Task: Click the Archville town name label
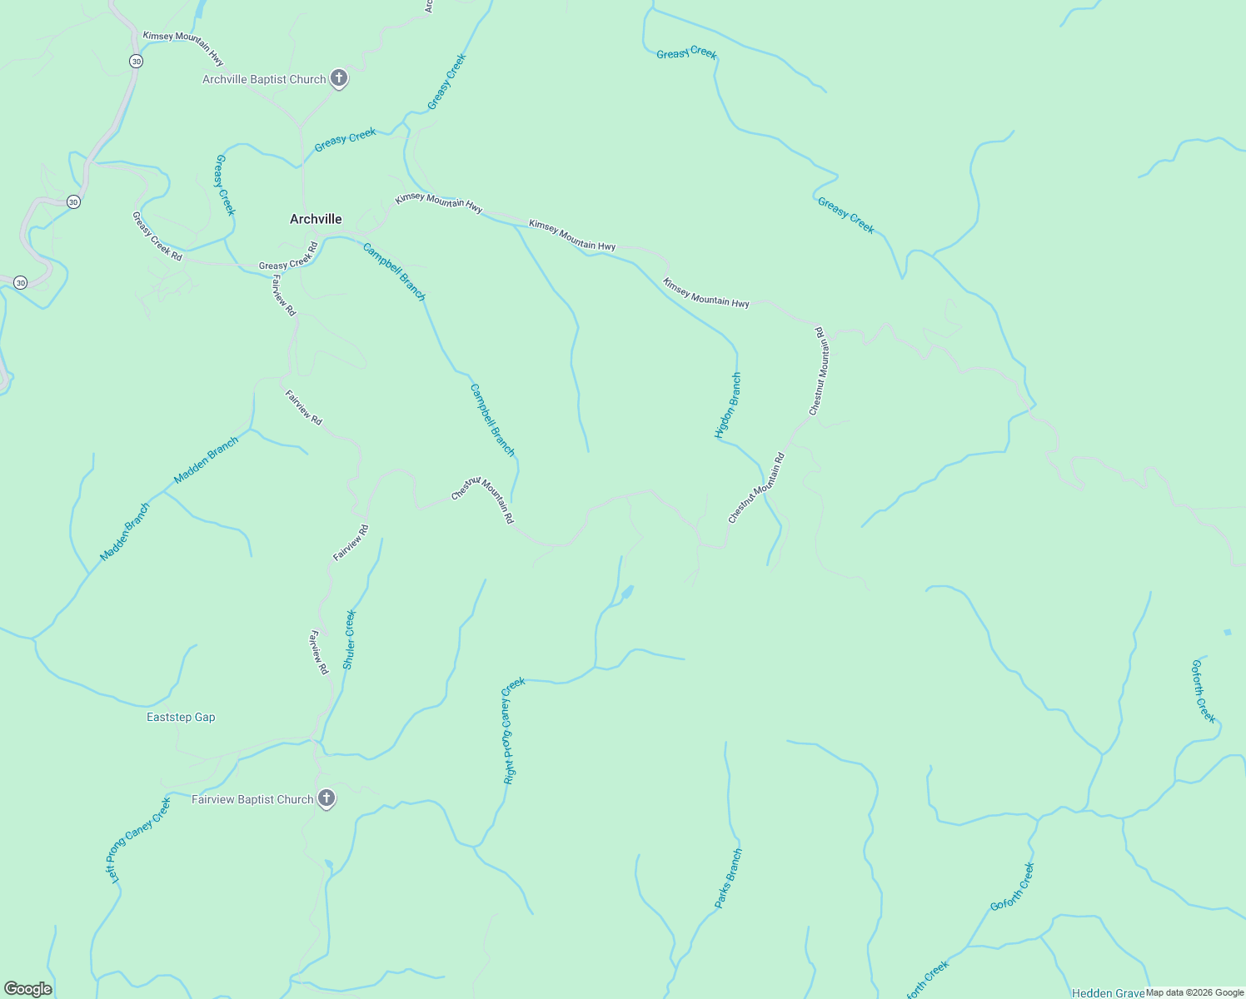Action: (316, 219)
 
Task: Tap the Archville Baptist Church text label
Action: (264, 80)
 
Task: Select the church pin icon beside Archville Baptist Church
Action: (338, 79)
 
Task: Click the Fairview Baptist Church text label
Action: (252, 800)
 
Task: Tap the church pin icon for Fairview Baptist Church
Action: (326, 798)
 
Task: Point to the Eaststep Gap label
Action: (181, 718)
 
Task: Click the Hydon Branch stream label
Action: (728, 405)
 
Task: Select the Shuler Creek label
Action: (350, 639)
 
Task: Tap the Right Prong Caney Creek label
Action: (513, 730)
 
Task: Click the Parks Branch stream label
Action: (728, 878)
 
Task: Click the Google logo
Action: (28, 989)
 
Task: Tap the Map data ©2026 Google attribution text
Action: (1194, 992)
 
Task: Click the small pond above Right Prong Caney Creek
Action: (627, 593)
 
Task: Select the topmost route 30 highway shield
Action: (136, 62)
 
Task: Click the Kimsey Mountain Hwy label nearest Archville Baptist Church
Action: (183, 48)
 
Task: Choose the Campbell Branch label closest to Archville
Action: (394, 271)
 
